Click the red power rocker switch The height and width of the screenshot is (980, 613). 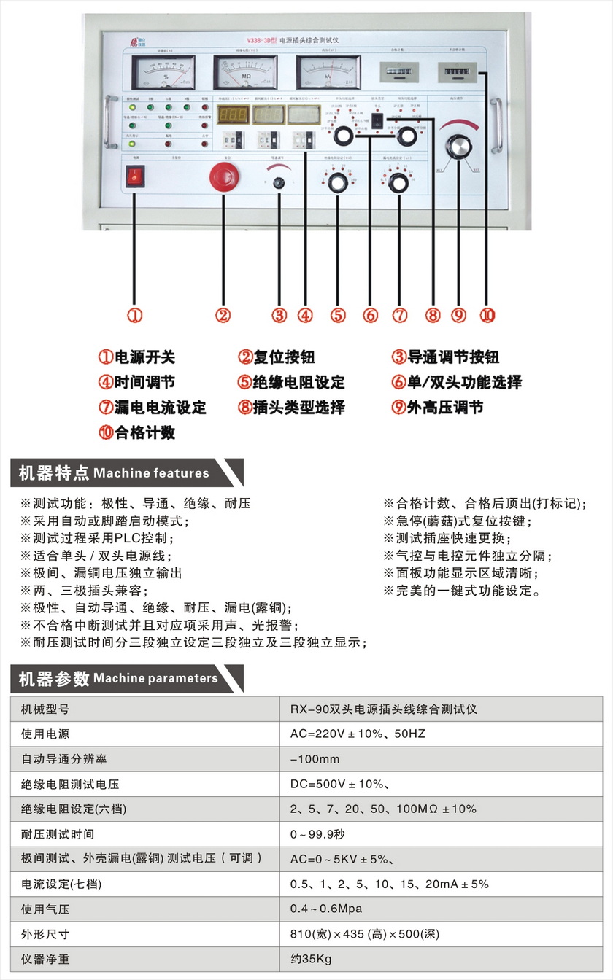point(135,175)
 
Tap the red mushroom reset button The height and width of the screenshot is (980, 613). point(223,176)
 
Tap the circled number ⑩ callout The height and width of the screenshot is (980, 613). point(487,315)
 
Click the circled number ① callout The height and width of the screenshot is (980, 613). point(134,315)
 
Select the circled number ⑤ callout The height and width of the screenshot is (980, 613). point(337,315)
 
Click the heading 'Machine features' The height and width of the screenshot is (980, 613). point(151,473)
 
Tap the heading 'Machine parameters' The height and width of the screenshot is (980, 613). point(155,678)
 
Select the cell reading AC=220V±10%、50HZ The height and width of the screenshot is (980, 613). point(357,734)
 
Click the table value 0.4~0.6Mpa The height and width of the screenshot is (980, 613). point(325,909)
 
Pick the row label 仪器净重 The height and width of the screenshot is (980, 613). point(45,960)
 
